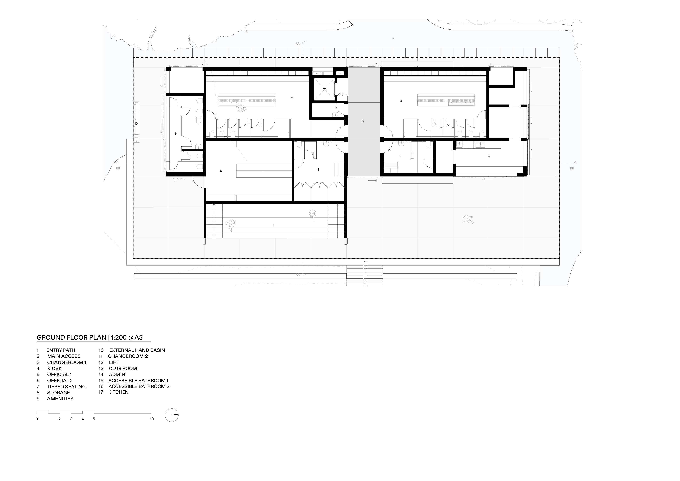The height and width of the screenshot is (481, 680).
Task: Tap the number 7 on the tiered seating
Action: point(274,224)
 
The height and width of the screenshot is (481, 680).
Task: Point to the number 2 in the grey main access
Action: point(363,121)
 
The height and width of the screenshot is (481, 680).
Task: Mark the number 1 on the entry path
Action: point(394,39)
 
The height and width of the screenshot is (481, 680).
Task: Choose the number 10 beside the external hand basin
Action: point(136,123)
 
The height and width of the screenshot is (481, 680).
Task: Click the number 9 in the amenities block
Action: point(176,134)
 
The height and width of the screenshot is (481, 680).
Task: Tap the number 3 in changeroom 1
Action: point(401,101)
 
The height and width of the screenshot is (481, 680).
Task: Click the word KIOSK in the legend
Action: point(54,368)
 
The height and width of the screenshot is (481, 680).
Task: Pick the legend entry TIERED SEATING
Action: point(66,387)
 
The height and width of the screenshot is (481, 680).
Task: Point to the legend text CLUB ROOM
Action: point(123,368)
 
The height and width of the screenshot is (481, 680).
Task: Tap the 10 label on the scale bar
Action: point(152,419)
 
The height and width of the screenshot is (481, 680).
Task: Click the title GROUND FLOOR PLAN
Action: point(71,337)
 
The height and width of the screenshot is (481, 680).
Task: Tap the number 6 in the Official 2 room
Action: point(318,170)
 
